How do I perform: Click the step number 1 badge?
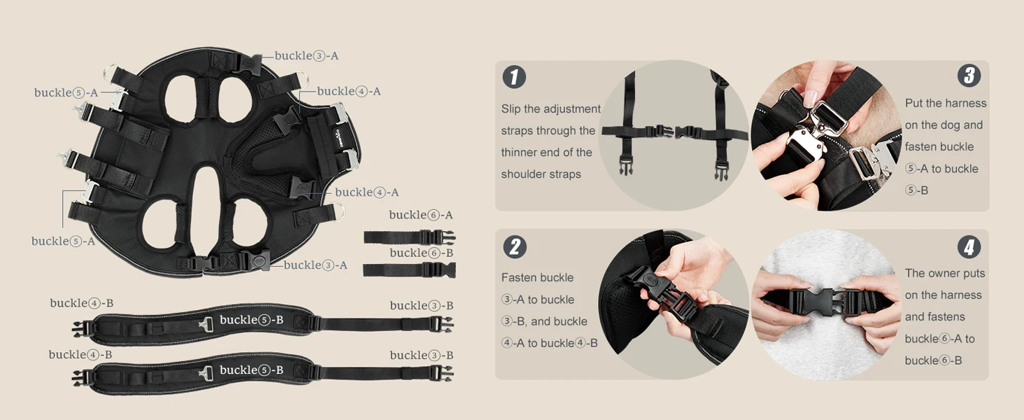(514, 77)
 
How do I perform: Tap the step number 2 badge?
(515, 247)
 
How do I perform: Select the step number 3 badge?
(969, 76)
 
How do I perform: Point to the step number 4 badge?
(969, 247)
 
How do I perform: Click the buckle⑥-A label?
(420, 215)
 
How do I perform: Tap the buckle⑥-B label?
(422, 253)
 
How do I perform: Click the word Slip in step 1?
(511, 109)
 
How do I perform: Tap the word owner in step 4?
(944, 274)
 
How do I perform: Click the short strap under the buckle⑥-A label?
(410, 237)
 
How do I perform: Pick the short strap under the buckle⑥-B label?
(410, 270)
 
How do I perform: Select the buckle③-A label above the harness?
(306, 56)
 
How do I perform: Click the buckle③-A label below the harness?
(315, 265)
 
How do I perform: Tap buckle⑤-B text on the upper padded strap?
(251, 320)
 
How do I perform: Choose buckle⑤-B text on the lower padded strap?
(251, 370)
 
